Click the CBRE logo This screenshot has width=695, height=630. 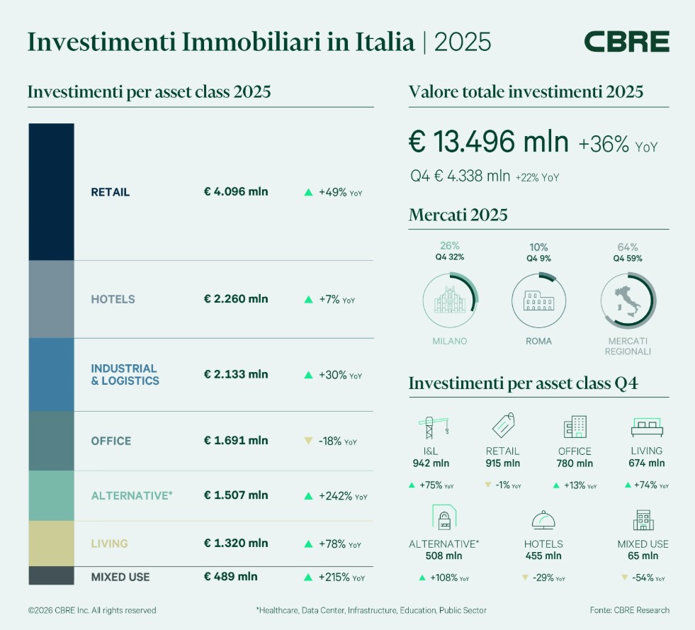point(626,42)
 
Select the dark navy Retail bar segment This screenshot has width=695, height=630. point(51,192)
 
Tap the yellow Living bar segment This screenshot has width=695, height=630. point(51,544)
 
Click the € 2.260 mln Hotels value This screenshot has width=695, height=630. point(236,299)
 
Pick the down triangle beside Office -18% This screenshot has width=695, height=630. point(308,441)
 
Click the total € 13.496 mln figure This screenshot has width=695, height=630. point(489,142)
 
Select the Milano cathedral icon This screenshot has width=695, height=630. point(450,300)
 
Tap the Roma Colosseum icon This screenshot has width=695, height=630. point(538,300)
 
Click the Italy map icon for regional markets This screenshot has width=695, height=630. point(628,300)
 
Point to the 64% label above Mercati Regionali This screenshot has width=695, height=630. point(628,247)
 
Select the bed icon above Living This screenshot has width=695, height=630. point(646,427)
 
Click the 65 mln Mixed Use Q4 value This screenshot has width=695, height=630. point(643,556)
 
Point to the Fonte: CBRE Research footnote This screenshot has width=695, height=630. point(629,610)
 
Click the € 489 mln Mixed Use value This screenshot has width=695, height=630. point(231,577)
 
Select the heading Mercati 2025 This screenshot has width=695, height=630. point(458,215)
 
